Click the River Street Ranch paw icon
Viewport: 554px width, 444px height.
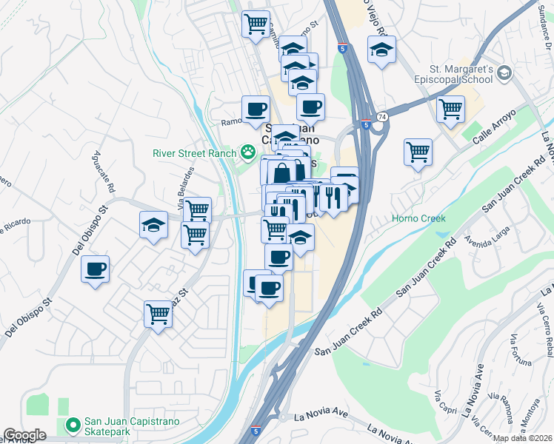point(248,153)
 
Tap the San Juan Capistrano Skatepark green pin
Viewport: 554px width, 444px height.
point(73,425)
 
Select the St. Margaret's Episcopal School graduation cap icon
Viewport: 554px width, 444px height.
point(504,73)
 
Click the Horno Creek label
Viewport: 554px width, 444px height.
point(418,219)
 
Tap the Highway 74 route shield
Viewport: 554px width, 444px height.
point(381,117)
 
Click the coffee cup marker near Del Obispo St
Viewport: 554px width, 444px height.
point(95,269)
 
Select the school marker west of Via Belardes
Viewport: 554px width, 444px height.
point(153,225)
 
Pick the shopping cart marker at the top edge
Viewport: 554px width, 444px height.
point(256,24)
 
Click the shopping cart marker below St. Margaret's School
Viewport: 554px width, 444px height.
point(450,110)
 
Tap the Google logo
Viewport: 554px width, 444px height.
point(24,435)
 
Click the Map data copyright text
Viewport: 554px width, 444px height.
point(522,438)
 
